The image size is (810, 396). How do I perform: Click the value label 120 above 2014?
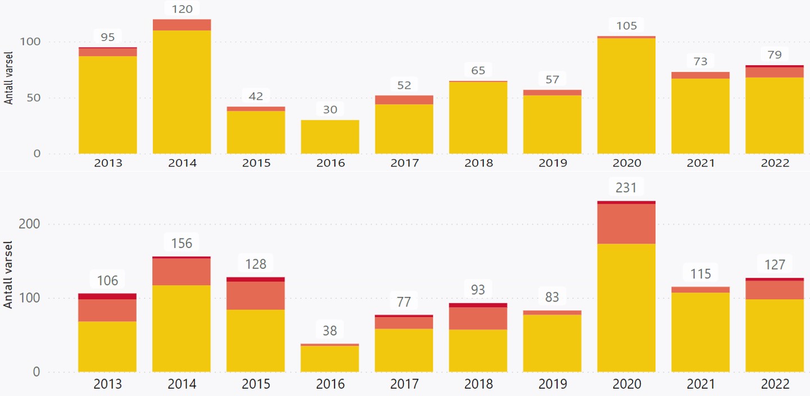click(182, 8)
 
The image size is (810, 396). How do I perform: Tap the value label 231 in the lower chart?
click(626, 187)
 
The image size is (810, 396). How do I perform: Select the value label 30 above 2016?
click(330, 110)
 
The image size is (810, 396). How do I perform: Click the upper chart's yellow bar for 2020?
click(626, 96)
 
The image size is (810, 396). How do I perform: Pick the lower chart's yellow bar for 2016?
click(330, 359)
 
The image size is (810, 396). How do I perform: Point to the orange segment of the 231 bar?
click(626, 223)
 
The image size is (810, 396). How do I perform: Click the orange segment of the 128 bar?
click(256, 295)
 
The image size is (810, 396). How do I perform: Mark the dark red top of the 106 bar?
click(107, 296)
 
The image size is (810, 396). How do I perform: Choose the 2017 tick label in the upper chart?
click(404, 163)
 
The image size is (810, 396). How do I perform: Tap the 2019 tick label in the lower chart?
click(552, 385)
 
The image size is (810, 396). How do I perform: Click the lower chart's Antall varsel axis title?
click(8, 274)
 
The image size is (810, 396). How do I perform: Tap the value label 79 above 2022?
click(775, 55)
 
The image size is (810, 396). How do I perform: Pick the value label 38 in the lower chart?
click(330, 330)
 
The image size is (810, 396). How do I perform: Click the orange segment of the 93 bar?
click(478, 318)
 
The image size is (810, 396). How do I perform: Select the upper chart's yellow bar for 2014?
click(182, 92)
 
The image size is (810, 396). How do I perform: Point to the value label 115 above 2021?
click(700, 274)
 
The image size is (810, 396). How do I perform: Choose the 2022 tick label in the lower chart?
click(775, 385)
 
